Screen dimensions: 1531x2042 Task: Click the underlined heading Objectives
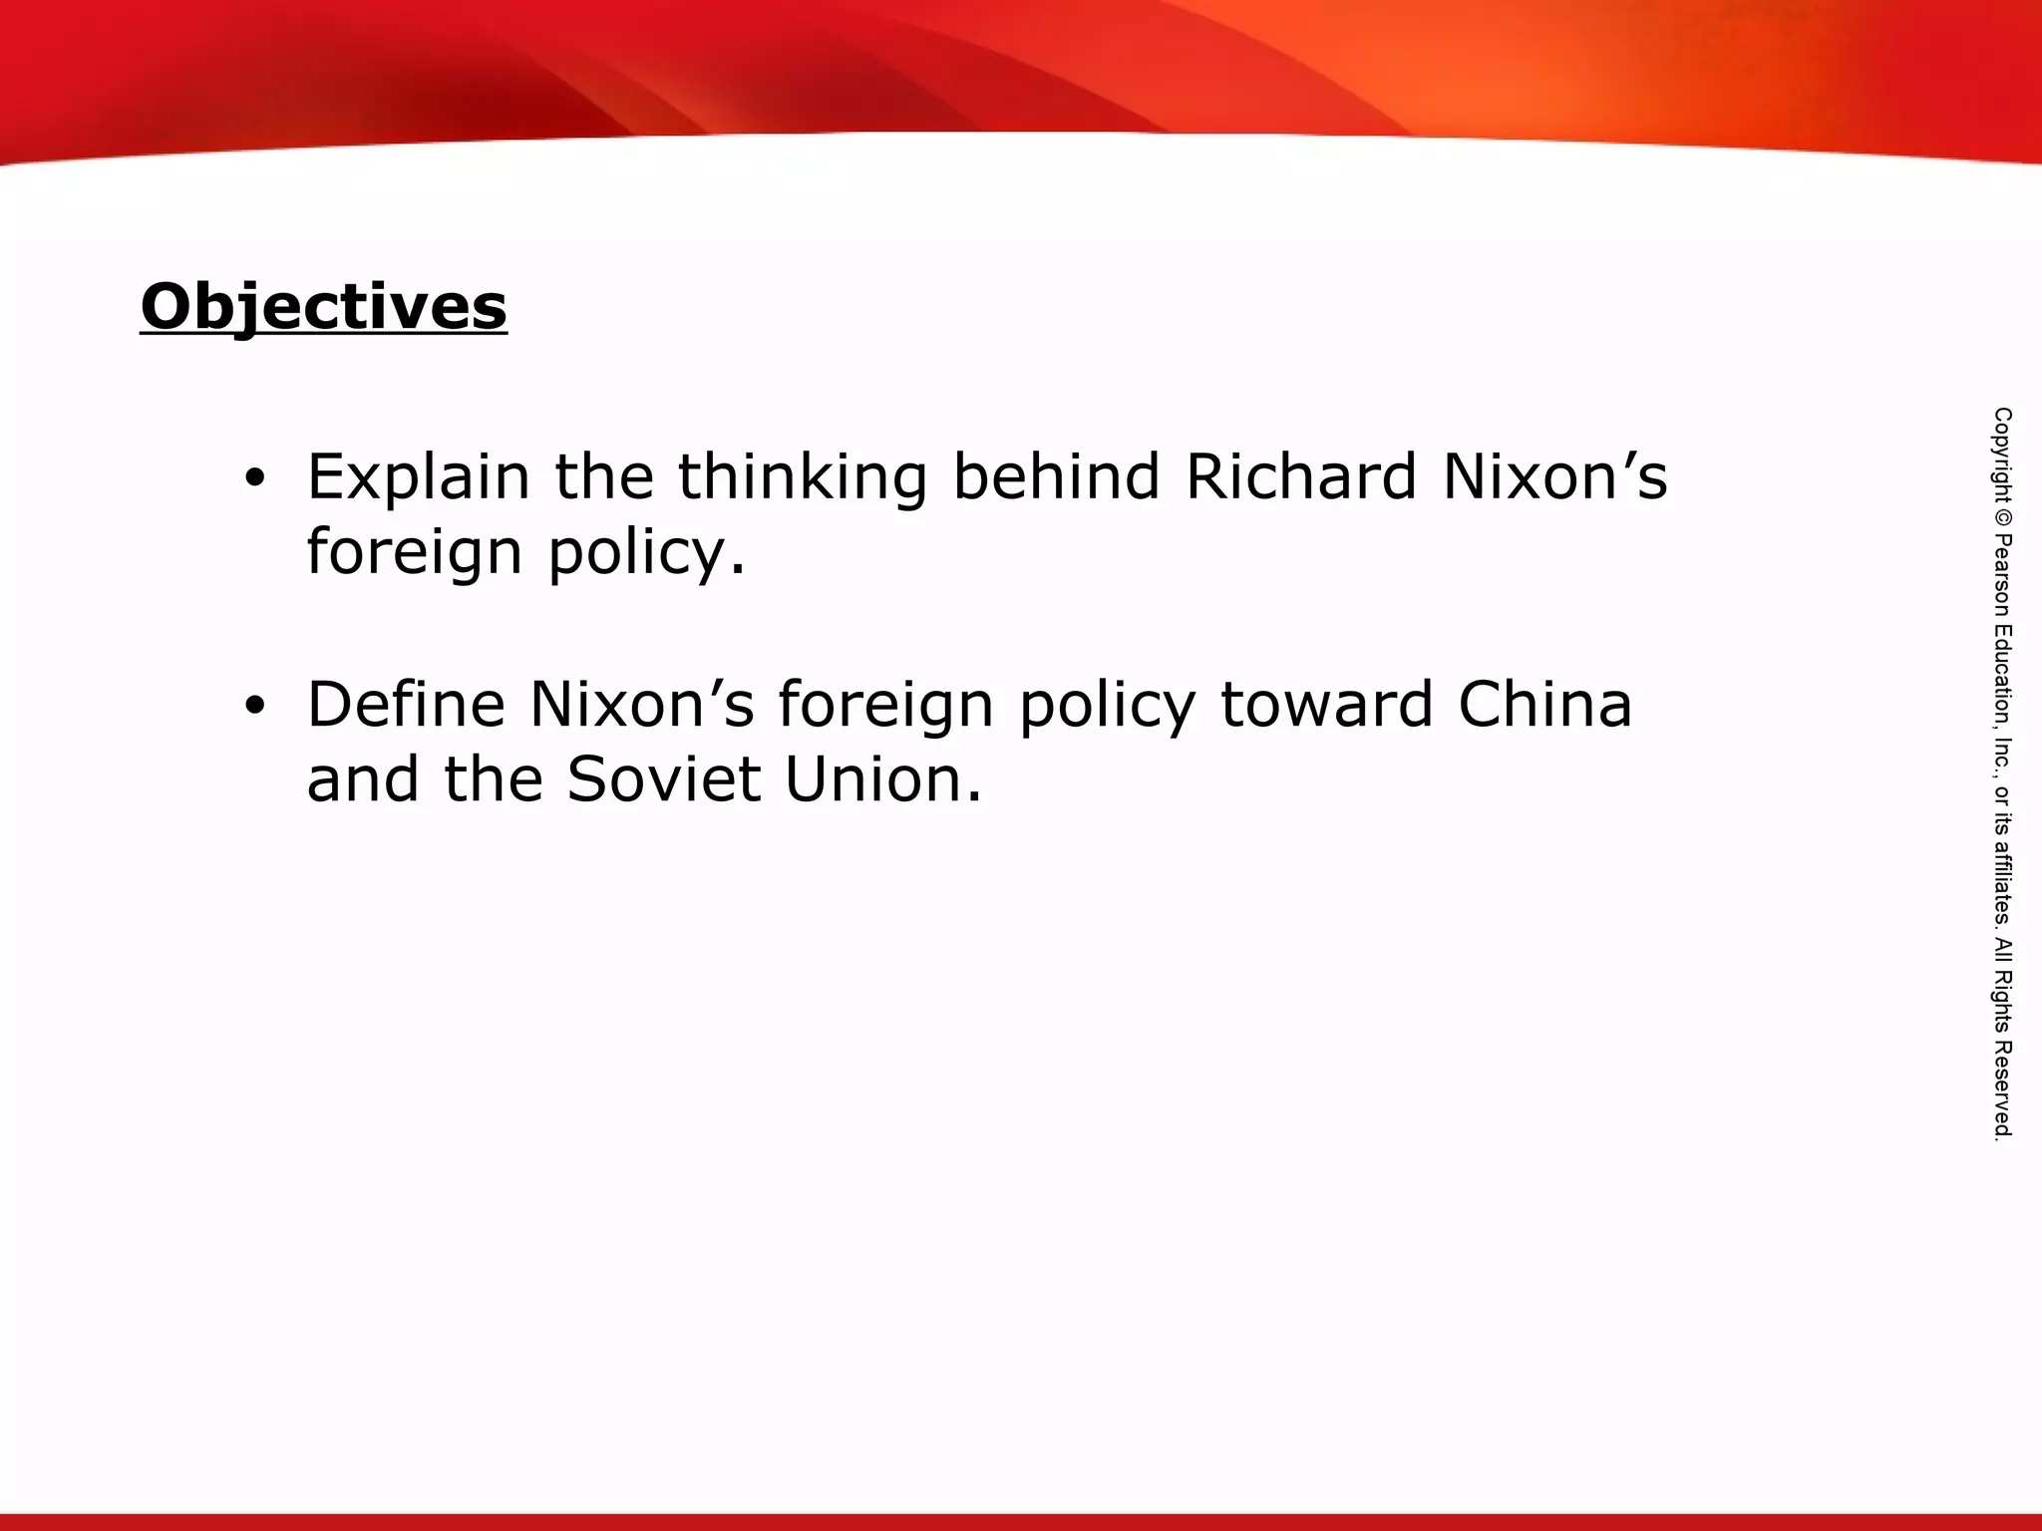click(324, 306)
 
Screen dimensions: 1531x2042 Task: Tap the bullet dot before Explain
click(255, 478)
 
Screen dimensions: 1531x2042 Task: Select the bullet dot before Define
click(255, 706)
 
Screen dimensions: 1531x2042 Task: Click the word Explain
click(418, 478)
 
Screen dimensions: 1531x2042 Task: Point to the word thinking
click(803, 478)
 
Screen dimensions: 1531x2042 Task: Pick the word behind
click(1056, 476)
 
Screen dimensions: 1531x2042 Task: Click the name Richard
click(1301, 476)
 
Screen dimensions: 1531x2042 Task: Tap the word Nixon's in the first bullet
click(1554, 476)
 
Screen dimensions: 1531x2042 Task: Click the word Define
click(406, 705)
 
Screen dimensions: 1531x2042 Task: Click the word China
click(1545, 705)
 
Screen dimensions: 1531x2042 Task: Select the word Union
click(883, 779)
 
